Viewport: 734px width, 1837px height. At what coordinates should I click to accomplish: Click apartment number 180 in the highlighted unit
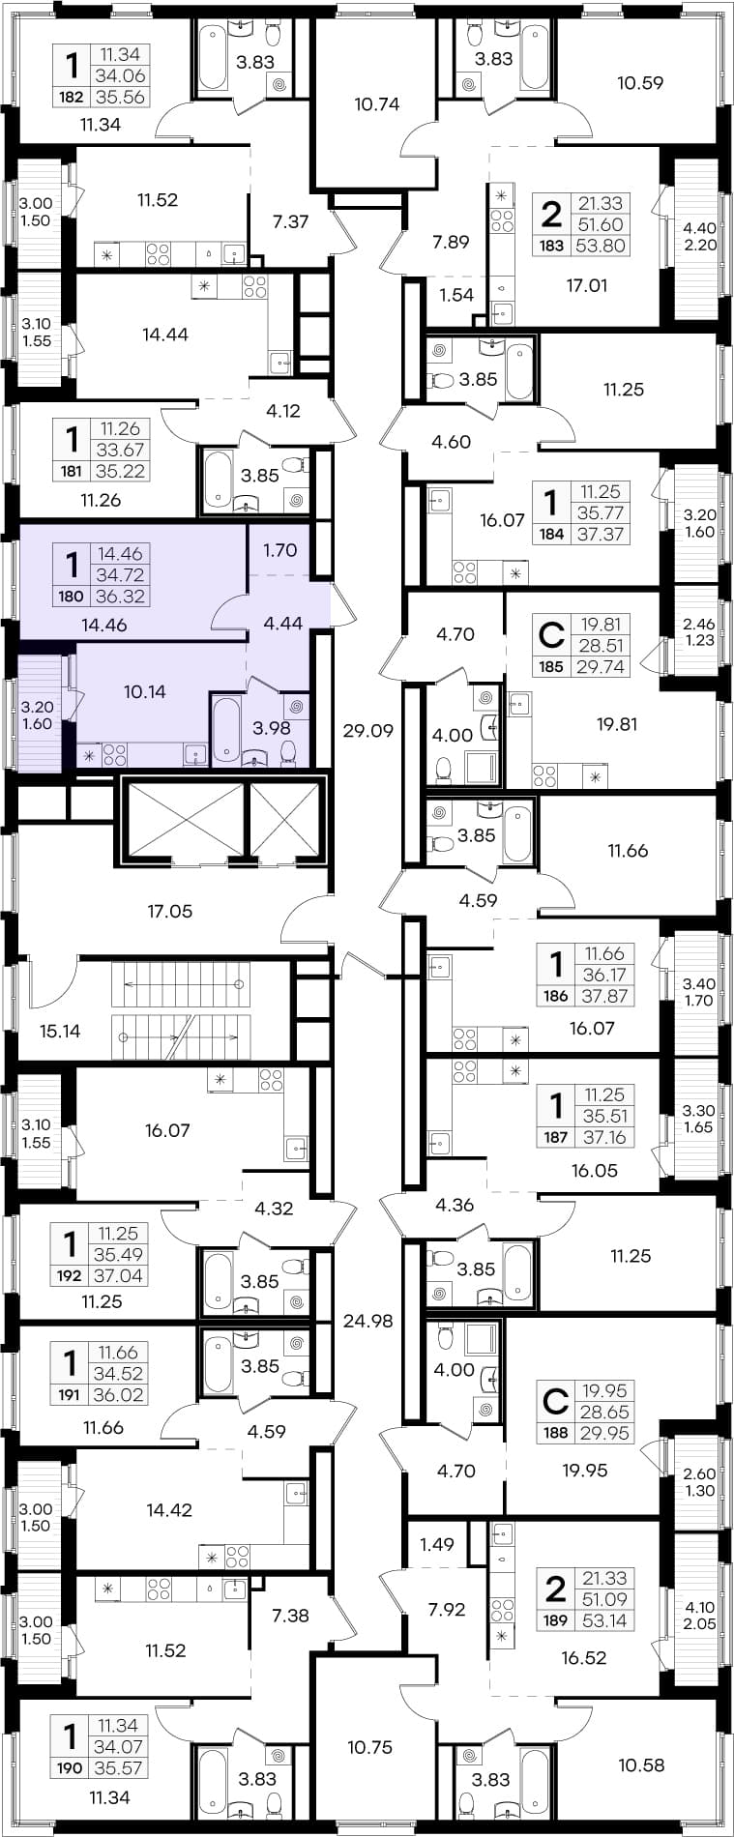71,597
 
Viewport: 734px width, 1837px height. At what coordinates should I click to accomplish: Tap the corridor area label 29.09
368,731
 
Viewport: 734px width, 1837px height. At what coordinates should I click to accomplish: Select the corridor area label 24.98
368,1320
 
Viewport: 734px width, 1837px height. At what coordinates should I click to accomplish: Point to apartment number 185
551,666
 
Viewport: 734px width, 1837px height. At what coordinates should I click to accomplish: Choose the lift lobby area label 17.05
169,911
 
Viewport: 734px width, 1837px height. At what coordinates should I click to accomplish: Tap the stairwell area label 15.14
60,1031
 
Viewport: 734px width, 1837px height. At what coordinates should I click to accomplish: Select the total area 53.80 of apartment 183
602,246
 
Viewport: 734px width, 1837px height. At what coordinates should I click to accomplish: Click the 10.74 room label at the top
377,104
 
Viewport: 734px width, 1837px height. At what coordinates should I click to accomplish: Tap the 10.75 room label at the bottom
370,1746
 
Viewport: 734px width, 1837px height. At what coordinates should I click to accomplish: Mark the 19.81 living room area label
616,723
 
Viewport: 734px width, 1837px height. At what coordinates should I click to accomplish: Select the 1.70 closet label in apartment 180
279,550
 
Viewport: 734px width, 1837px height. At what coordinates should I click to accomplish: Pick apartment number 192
71,1275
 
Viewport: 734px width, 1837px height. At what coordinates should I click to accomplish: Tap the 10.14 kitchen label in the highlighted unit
144,691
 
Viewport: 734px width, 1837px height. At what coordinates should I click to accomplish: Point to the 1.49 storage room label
437,1544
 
